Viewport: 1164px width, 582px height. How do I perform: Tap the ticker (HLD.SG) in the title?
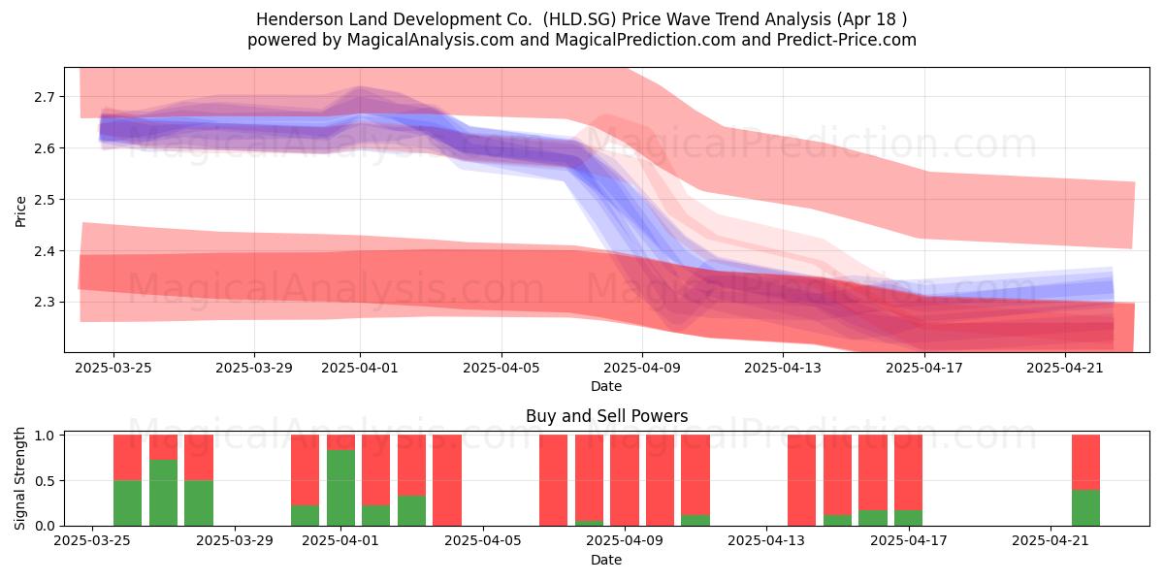coord(579,19)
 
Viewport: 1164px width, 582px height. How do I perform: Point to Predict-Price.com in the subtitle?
coord(847,40)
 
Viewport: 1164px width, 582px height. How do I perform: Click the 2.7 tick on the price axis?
coord(44,97)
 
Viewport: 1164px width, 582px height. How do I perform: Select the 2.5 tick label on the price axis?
coord(44,200)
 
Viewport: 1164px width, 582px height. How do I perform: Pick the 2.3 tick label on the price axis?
coord(44,303)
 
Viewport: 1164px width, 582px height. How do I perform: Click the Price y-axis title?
coord(20,211)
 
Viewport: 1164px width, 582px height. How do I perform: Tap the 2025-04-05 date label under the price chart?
coord(501,368)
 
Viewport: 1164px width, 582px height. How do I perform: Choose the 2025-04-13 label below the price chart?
coord(783,368)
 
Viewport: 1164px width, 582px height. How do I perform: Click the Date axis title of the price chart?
coord(606,387)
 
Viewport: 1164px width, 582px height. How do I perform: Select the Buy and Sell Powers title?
coord(606,416)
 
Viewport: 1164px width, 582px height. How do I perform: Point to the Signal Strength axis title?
coord(19,478)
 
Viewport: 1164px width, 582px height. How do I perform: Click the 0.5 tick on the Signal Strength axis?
coord(44,481)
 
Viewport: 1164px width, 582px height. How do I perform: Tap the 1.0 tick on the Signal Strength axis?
coord(44,436)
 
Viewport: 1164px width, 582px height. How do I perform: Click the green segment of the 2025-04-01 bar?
coord(340,488)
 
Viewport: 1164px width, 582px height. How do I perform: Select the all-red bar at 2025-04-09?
coord(625,480)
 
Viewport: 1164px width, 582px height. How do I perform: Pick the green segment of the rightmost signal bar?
coord(1086,507)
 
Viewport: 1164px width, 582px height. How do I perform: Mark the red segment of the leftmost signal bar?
coord(127,458)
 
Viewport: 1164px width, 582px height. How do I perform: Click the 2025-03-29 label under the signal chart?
coord(235,541)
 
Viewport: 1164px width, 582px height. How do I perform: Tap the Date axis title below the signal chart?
coord(606,561)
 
